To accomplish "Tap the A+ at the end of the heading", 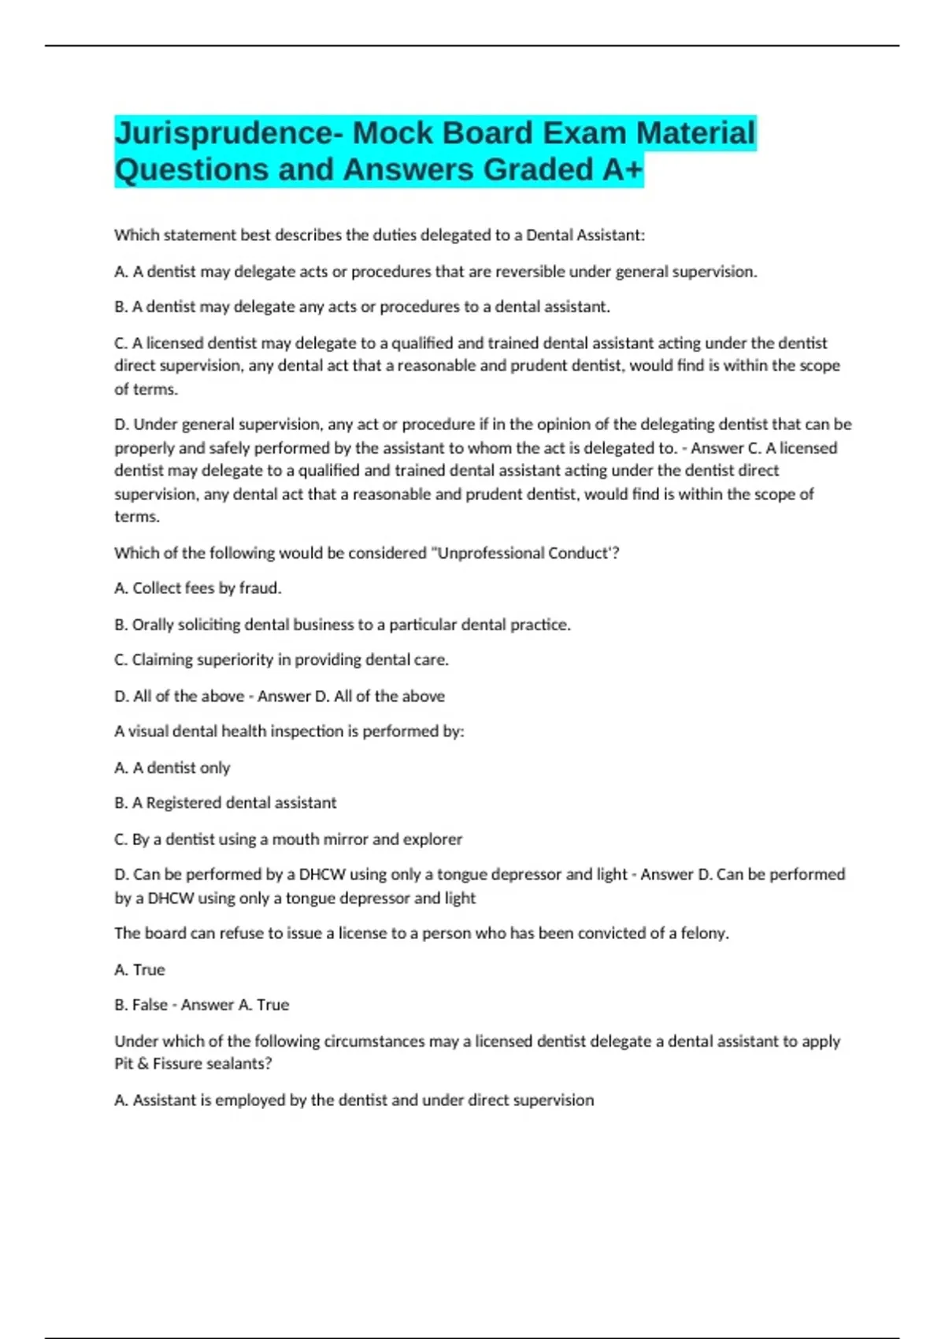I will pos(622,170).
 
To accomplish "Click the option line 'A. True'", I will pos(140,970).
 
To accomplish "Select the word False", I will pos(150,1005).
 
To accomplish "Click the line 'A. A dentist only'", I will pos(172,768).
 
